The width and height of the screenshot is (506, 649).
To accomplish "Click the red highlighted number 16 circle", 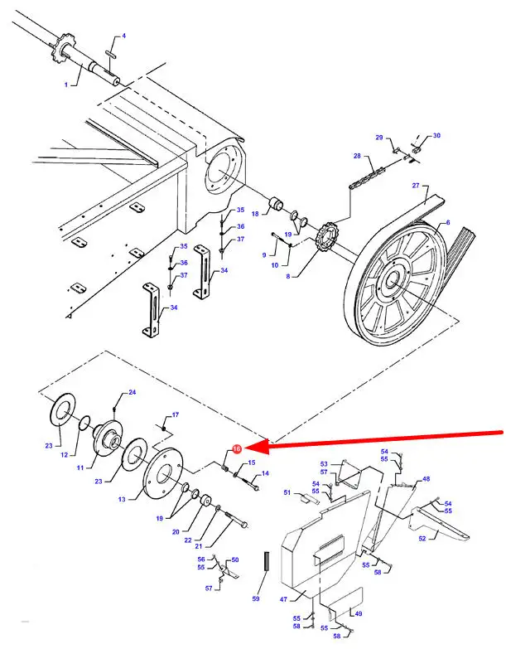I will [236, 448].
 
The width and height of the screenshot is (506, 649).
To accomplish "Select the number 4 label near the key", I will [123, 36].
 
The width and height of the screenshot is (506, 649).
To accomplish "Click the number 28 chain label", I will [358, 156].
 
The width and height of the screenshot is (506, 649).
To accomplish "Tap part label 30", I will [436, 135].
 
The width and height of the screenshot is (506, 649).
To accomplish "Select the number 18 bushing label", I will [256, 214].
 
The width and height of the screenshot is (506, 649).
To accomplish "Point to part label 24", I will [132, 391].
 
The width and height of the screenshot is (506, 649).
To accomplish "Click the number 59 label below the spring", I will [256, 597].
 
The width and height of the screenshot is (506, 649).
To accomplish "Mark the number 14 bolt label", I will [265, 473].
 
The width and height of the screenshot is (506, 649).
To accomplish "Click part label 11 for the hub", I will [80, 468].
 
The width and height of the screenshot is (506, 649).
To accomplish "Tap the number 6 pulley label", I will [447, 223].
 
